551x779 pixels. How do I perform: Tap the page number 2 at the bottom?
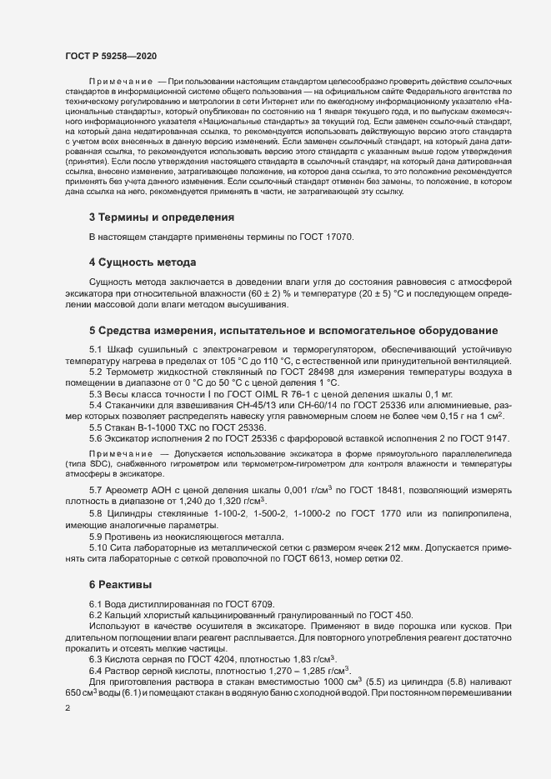click(68, 708)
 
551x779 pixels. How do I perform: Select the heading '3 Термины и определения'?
click(161, 217)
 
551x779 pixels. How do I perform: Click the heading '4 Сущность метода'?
click(143, 262)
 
